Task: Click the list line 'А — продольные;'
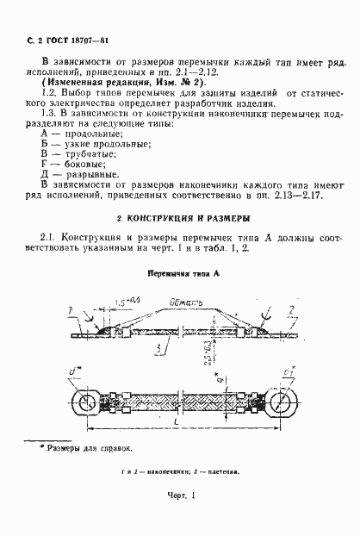click(79, 136)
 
